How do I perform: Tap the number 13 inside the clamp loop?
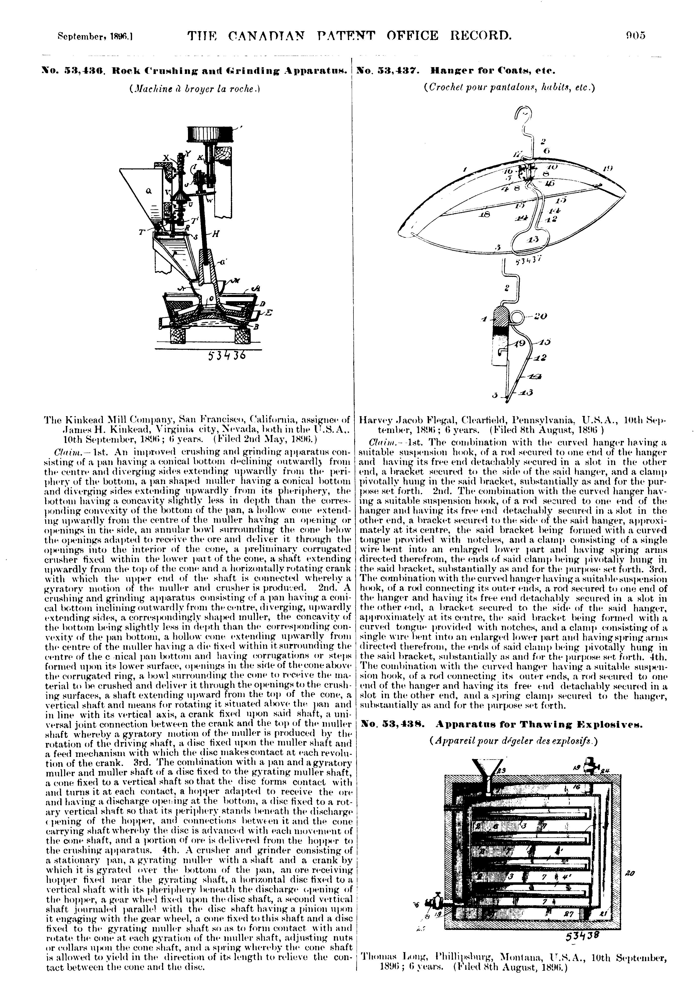532,239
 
